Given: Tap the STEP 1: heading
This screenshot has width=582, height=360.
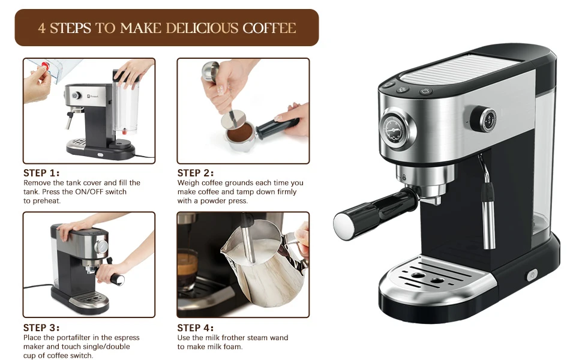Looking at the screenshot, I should pos(42,173).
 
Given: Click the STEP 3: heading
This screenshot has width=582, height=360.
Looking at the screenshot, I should pos(42,328).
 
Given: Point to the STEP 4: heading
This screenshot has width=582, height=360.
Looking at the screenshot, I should pos(196,328).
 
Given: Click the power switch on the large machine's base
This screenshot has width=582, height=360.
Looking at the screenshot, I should pos(531,275).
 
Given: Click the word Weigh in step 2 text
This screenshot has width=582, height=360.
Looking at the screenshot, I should pos(188,183).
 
